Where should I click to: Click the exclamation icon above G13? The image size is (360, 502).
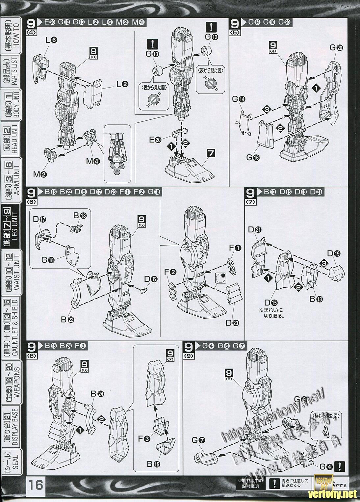click(x=153, y=43)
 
